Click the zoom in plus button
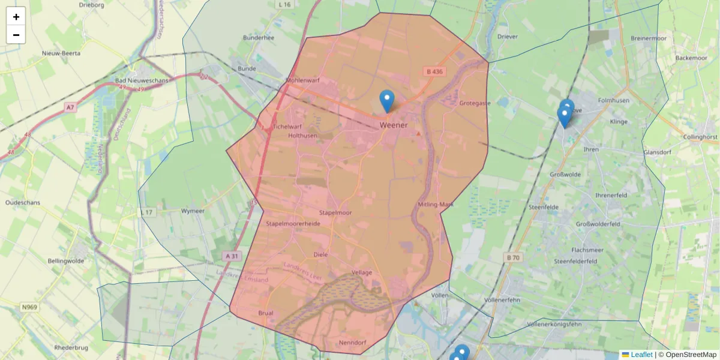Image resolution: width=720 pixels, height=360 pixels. [x=16, y=17]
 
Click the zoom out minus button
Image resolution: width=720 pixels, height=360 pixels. [x=16, y=35]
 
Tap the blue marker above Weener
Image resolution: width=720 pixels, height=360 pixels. [x=387, y=101]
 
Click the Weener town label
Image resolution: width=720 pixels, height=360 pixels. [x=394, y=125]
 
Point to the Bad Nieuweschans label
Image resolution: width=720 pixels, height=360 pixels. [x=142, y=80]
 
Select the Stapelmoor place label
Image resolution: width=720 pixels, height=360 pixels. [x=335, y=212]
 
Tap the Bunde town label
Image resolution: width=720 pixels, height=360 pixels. [x=247, y=68]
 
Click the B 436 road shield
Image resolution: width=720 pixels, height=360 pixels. [x=434, y=71]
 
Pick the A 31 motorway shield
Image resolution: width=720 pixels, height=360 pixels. [x=232, y=256]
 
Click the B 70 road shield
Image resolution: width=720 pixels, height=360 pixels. [x=512, y=257]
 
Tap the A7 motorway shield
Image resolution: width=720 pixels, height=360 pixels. [x=71, y=107]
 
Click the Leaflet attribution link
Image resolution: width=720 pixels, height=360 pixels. [x=641, y=355]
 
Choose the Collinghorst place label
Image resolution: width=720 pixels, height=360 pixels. [x=700, y=137]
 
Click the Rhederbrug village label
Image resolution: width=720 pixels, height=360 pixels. [x=71, y=347]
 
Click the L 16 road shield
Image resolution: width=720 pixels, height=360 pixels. [x=284, y=4]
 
